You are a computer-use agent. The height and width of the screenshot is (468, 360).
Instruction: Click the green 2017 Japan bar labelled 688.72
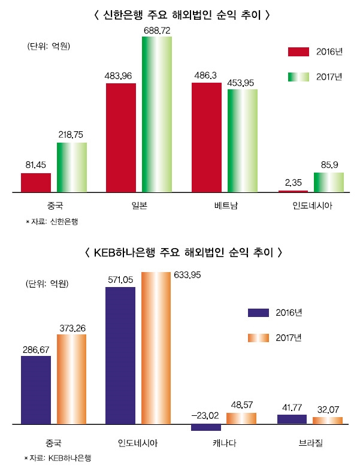(157, 114)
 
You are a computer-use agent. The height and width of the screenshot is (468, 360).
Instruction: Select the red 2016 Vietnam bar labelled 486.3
(206, 138)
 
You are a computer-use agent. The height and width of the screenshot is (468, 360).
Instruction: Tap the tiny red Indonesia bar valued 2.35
(293, 191)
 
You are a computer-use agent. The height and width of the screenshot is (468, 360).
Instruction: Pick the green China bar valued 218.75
(71, 168)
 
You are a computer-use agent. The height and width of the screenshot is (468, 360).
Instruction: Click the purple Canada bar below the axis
(206, 427)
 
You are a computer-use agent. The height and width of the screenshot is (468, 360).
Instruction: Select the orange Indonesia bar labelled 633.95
(156, 348)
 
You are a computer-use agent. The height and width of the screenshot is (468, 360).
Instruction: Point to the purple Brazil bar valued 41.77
(292, 419)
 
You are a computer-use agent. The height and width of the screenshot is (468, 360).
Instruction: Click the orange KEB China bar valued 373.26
(71, 379)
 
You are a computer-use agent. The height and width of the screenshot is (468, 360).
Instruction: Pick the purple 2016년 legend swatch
(259, 312)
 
